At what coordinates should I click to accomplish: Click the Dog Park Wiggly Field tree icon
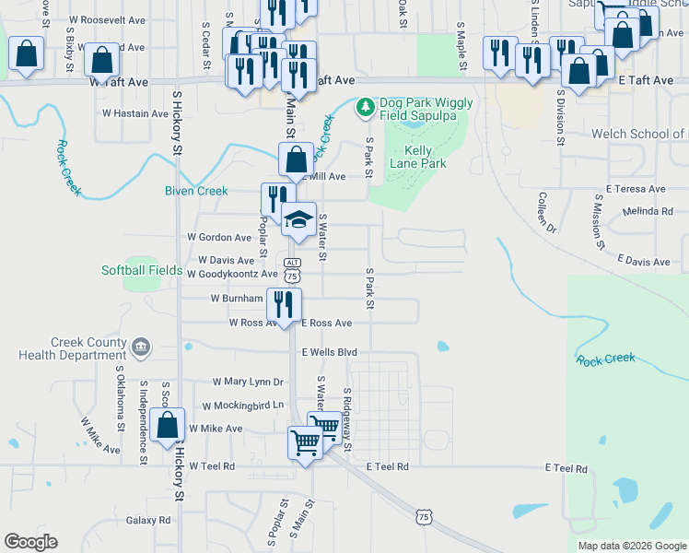[366, 109]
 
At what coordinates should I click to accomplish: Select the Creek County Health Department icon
[140, 347]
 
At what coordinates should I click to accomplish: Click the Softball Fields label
[142, 270]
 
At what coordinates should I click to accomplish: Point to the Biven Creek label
[195, 191]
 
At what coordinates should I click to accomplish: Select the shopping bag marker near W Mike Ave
[168, 426]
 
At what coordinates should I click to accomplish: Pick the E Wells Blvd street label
[329, 352]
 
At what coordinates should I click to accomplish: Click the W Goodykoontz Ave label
[231, 274]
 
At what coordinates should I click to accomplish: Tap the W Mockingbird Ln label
[243, 405]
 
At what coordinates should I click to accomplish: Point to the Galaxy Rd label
[149, 520]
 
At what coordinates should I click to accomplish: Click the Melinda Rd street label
[648, 211]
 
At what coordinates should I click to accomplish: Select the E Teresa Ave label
[630, 189]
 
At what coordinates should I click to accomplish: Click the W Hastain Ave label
[136, 113]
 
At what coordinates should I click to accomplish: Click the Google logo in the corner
[30, 542]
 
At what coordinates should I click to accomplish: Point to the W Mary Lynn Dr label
[248, 381]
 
